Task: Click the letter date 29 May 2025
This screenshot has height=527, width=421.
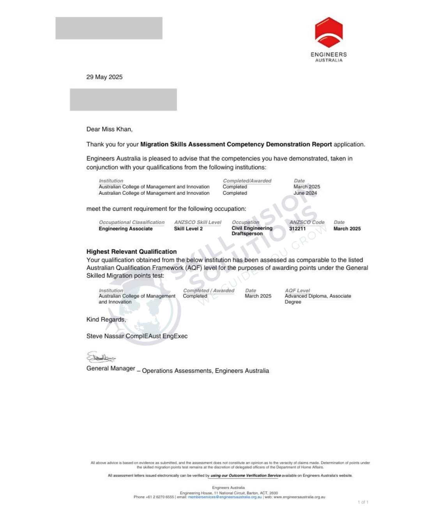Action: (104, 77)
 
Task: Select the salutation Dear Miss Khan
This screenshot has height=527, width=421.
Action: (110, 129)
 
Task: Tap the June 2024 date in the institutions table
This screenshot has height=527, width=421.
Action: (305, 193)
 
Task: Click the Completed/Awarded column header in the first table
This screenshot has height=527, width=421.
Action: (247, 181)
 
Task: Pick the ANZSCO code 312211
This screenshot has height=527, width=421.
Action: (297, 229)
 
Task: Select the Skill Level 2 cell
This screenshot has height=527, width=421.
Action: (188, 229)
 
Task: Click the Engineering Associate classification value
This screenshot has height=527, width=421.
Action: (126, 229)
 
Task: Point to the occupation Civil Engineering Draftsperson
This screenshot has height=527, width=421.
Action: (252, 231)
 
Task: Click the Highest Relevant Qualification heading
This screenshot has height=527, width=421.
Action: (131, 252)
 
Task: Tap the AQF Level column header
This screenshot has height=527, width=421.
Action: (297, 290)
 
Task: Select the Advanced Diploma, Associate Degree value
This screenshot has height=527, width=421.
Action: (318, 299)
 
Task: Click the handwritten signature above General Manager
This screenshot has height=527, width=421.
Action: (101, 357)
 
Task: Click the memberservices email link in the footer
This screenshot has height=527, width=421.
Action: (225, 497)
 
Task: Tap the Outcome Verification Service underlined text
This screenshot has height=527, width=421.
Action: (246, 475)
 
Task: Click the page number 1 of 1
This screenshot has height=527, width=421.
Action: (363, 502)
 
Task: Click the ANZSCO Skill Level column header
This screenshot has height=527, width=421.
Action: (198, 223)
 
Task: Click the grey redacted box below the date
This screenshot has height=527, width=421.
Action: (123, 100)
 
